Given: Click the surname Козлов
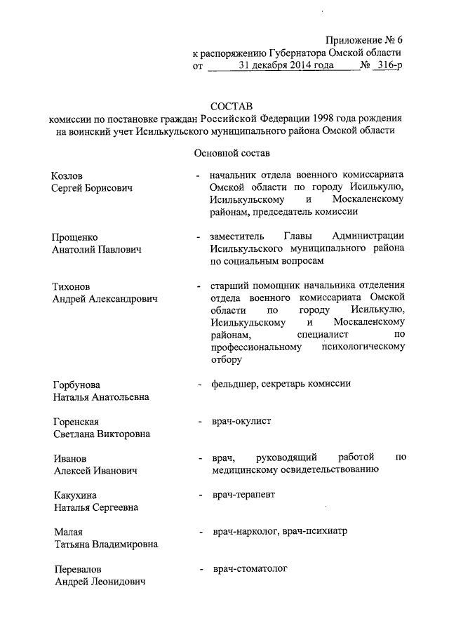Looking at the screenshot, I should (x=69, y=175).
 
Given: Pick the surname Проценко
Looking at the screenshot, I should (x=75, y=236).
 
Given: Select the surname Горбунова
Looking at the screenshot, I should (x=76, y=385).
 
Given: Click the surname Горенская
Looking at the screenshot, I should (x=76, y=422).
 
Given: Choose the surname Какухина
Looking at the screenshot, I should (x=75, y=495).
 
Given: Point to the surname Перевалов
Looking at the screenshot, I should (x=77, y=568).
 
